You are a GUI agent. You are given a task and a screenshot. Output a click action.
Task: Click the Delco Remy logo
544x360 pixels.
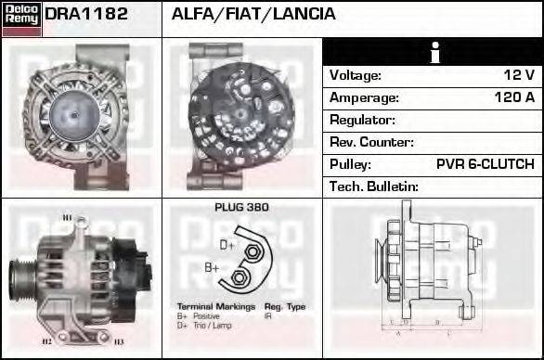pyautogui.click(x=21, y=19)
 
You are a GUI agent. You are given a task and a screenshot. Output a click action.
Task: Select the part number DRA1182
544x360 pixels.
pyautogui.click(x=86, y=15)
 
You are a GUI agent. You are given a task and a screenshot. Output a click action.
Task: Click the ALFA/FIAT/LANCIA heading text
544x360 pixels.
pyautogui.click(x=253, y=15)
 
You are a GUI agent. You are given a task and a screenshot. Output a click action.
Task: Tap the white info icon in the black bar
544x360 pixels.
pyautogui.click(x=433, y=52)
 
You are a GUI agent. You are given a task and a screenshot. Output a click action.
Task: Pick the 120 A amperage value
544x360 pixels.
pyautogui.click(x=514, y=97)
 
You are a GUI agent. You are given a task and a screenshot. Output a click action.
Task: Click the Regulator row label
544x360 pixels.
pyautogui.click(x=362, y=120)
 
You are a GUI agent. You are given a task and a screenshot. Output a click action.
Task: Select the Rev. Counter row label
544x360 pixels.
pyautogui.click(x=371, y=142)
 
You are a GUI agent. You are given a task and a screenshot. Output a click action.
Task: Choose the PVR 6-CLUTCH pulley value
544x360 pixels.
pyautogui.click(x=485, y=164)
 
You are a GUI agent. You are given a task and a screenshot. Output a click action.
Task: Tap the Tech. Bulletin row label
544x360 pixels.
pyautogui.click(x=374, y=186)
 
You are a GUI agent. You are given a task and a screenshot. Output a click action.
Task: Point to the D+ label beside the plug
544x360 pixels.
pyautogui.click(x=227, y=245)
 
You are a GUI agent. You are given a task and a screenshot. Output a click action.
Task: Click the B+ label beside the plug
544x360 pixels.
pyautogui.click(x=212, y=267)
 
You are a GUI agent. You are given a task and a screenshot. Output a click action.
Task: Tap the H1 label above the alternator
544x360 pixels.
pyautogui.click(x=67, y=218)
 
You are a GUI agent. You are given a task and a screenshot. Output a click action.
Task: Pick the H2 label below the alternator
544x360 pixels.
pyautogui.click(x=46, y=341)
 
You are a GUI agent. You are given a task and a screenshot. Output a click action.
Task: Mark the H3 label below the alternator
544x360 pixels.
pyautogui.click(x=119, y=342)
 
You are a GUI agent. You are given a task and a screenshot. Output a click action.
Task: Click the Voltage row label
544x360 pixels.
pyautogui.click(x=356, y=75)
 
